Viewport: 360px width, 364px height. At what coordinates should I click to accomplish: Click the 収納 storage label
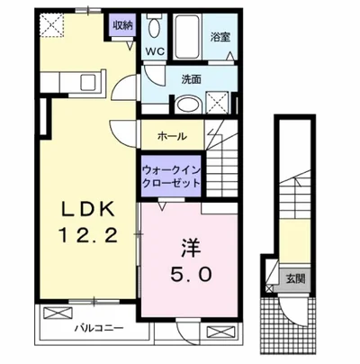pyautogui.click(x=121, y=24)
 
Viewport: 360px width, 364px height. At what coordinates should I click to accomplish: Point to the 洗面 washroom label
pyautogui.click(x=190, y=78)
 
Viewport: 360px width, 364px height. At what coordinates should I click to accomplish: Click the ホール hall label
pyautogui.click(x=172, y=136)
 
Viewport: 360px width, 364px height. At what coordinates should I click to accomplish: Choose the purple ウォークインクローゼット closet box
pyautogui.click(x=169, y=173)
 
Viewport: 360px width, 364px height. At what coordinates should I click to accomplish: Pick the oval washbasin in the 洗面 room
pyautogui.click(x=189, y=105)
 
